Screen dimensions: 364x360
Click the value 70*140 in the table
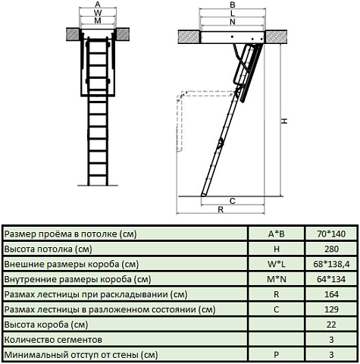(x=331, y=234)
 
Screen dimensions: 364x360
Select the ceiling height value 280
(x=331, y=249)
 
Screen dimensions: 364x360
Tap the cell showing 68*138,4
(x=331, y=264)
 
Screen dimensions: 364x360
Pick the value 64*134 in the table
(x=331, y=279)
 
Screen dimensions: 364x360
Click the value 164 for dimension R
(x=331, y=294)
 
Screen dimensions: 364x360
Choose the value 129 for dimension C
(x=331, y=309)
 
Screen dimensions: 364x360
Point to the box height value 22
(x=331, y=325)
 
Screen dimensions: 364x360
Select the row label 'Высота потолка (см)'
(x=49, y=249)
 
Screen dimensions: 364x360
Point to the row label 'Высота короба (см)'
(x=45, y=325)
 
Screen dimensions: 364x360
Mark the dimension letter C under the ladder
(x=232, y=200)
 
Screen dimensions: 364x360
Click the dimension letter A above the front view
(x=97, y=5)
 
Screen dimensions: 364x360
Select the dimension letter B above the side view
(x=232, y=5)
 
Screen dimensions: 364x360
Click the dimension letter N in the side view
(x=232, y=22)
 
